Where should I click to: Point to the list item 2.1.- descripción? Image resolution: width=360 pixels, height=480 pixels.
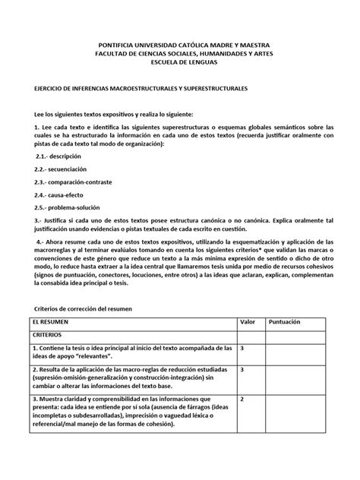(x=58, y=154)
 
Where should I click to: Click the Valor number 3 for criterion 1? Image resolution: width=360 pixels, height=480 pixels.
(x=242, y=347)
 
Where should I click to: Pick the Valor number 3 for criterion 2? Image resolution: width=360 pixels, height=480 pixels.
(x=242, y=369)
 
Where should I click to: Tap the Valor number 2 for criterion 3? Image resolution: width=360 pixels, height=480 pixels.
(x=242, y=398)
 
